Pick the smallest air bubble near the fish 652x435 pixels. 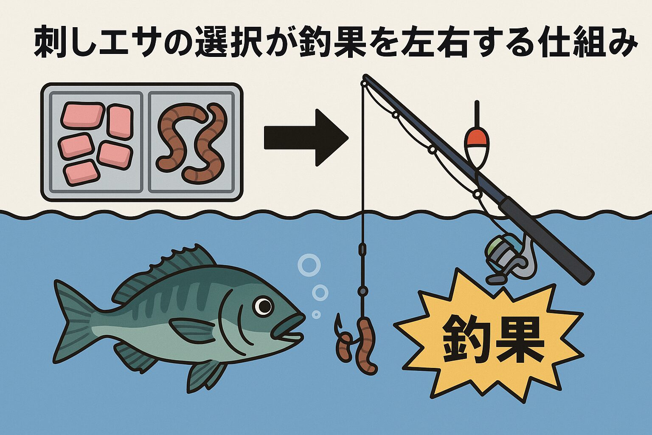click(316, 314)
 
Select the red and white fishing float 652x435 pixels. click(476, 142)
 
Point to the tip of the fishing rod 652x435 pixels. click(365, 79)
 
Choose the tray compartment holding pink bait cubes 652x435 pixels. click(96, 141)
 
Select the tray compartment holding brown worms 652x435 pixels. click(191, 141)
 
